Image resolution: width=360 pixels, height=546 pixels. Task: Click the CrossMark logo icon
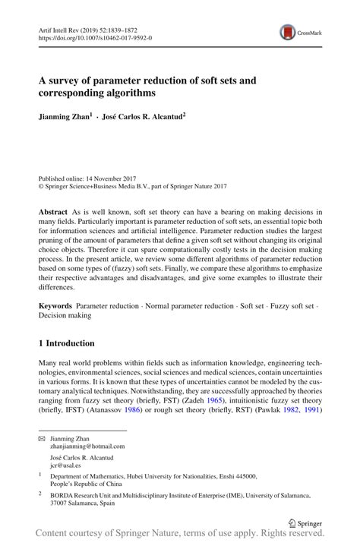coord(287,31)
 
